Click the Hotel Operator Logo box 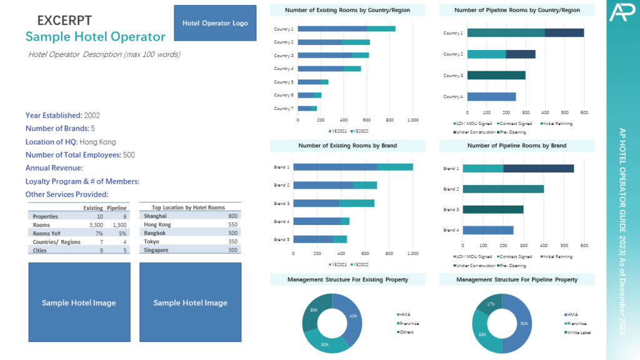pyautogui.click(x=215, y=23)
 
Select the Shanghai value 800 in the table pyautogui.click(x=232, y=216)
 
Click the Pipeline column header pyautogui.click(x=117, y=207)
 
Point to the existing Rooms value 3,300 pyautogui.click(x=95, y=225)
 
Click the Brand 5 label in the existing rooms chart pyautogui.click(x=281, y=239)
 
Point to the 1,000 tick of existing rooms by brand pyautogui.click(x=412, y=254)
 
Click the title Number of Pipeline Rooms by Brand pyautogui.click(x=517, y=146)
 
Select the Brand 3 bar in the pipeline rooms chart pyautogui.click(x=493, y=209)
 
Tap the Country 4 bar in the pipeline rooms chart pyautogui.click(x=491, y=96)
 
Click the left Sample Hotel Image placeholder pyautogui.click(x=79, y=302)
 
